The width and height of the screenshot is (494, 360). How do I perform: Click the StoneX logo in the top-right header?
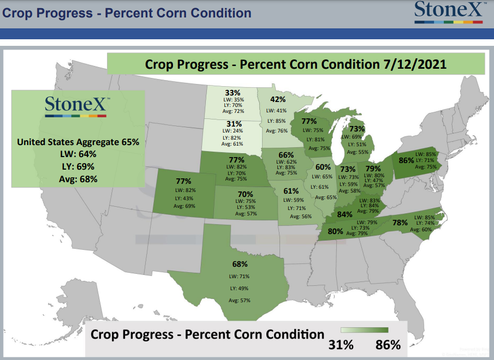click(x=449, y=12)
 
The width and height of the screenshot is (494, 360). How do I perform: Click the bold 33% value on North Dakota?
click(x=233, y=93)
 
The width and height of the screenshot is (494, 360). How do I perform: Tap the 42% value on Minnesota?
click(x=278, y=99)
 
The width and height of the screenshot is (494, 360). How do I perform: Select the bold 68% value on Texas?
click(x=240, y=264)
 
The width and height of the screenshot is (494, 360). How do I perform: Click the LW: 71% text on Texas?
click(x=239, y=277)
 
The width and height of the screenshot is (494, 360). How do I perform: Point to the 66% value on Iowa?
click(x=286, y=155)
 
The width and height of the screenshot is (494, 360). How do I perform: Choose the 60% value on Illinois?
click(x=323, y=167)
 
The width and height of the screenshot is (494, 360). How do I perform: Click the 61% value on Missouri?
click(x=291, y=191)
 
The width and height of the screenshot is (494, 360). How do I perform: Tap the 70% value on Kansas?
click(x=246, y=194)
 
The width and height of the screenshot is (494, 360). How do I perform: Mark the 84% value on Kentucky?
click(x=344, y=214)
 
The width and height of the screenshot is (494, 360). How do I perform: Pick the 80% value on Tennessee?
click(x=335, y=231)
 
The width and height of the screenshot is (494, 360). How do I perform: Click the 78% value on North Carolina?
click(x=400, y=223)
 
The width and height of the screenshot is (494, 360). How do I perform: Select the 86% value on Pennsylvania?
click(x=406, y=160)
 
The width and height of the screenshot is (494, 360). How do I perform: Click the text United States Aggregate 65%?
click(x=78, y=142)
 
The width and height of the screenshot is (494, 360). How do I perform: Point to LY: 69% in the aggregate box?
click(x=78, y=167)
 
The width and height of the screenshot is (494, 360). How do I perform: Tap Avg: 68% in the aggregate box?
click(x=78, y=179)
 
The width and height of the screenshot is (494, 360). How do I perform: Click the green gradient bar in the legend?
click(x=365, y=330)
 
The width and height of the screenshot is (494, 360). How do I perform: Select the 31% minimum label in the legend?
click(x=341, y=345)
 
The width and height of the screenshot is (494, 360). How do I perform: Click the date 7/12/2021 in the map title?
click(x=415, y=64)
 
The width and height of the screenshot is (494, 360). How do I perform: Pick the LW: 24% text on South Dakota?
click(x=233, y=131)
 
